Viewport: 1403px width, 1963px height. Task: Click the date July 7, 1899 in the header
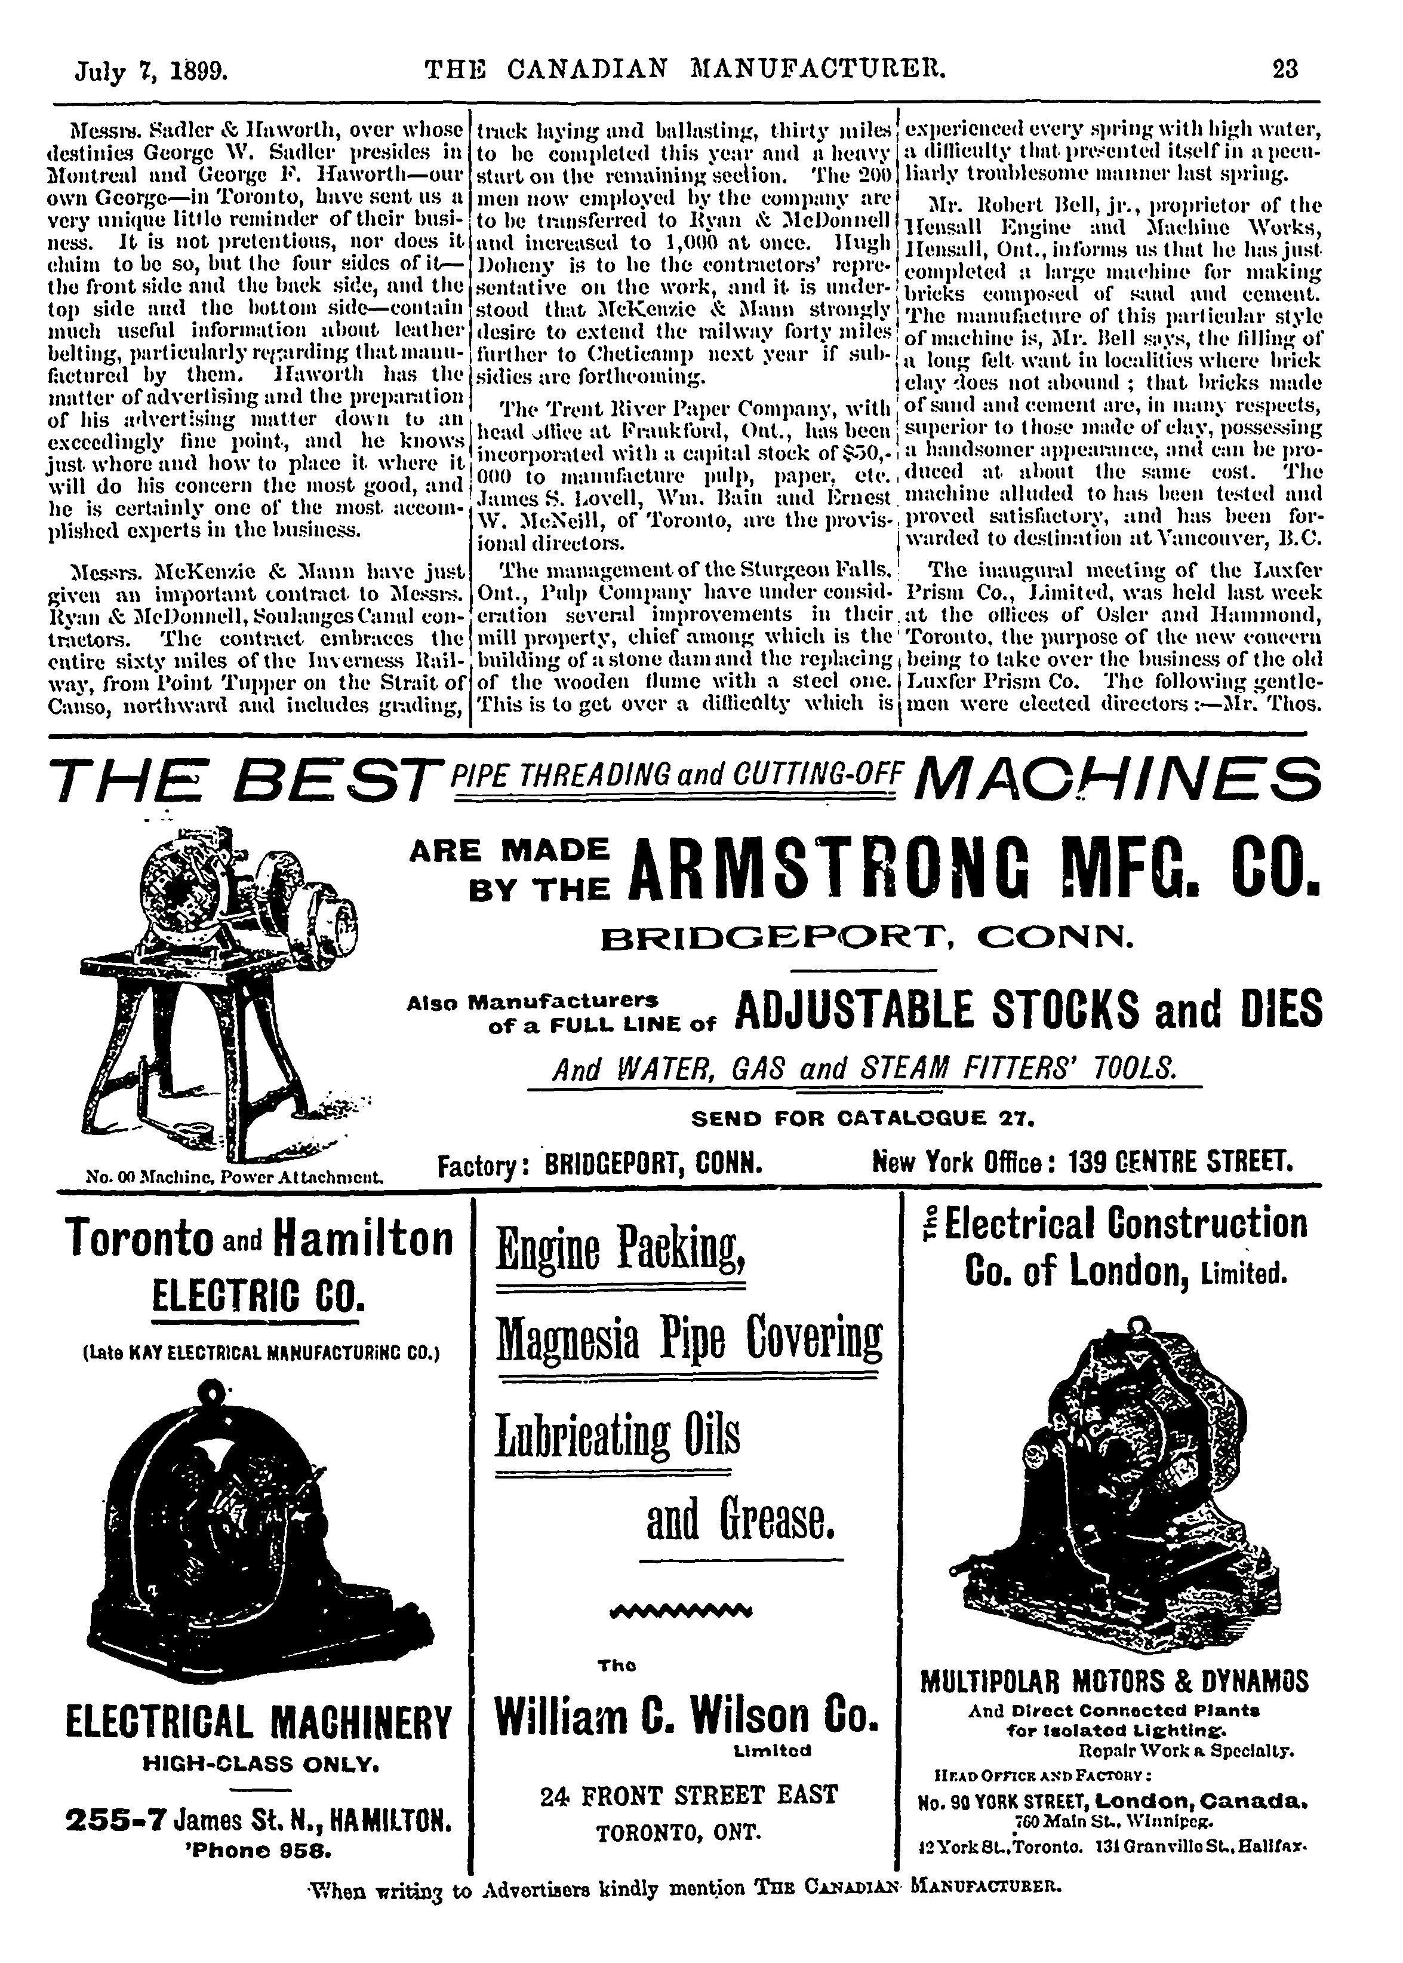pos(151,69)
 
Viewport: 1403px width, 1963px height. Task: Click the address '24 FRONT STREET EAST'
pos(688,1795)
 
